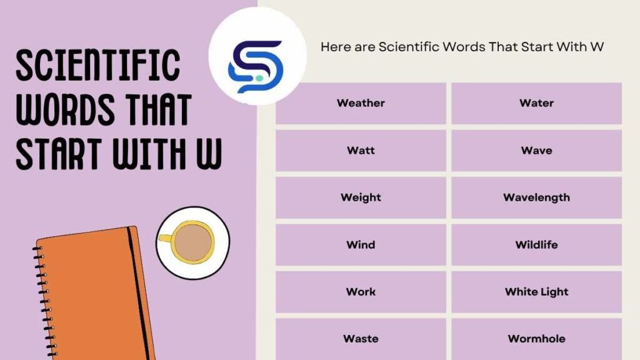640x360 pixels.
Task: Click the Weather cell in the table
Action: (361, 103)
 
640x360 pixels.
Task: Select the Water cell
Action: (536, 103)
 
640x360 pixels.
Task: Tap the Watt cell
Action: (361, 151)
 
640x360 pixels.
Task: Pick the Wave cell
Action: (536, 151)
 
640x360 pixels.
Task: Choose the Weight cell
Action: (361, 197)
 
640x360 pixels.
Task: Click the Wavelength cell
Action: (536, 197)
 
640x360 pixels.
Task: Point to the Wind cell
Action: (361, 244)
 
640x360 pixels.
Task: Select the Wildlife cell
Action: (536, 244)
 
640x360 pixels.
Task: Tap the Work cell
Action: (361, 292)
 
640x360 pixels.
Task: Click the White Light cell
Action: (536, 292)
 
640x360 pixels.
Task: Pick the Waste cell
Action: (361, 339)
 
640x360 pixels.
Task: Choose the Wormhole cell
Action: (536, 339)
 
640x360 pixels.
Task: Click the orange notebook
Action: (87, 294)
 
